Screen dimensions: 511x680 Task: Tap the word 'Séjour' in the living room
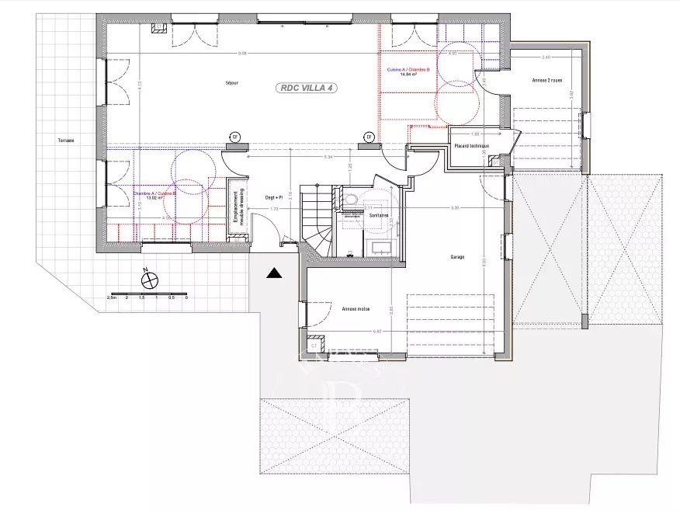231,81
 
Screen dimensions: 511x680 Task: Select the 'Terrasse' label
66,141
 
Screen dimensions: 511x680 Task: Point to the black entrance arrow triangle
272,273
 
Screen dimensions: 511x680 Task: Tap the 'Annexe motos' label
356,308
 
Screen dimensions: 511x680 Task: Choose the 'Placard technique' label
471,145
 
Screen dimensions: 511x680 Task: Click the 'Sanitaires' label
379,214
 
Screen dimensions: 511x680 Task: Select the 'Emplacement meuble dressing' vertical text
238,207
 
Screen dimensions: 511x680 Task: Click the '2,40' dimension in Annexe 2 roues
546,57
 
